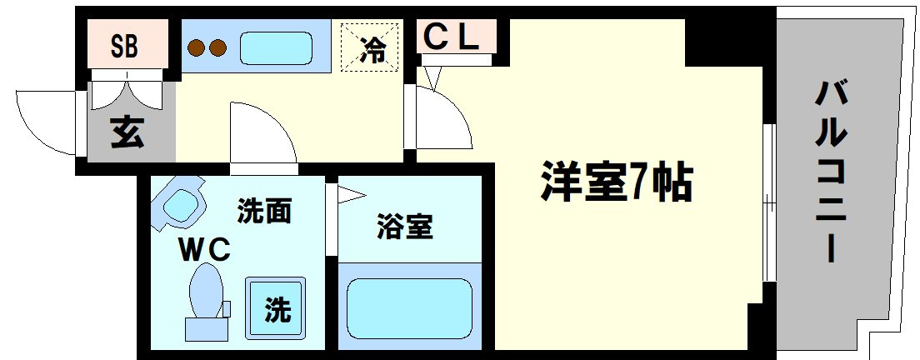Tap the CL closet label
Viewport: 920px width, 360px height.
pyautogui.click(x=453, y=36)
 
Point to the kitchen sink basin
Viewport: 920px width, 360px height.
pyautogui.click(x=275, y=47)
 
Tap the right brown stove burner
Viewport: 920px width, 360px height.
pyautogui.click(x=220, y=47)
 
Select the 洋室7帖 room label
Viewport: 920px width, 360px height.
pyautogui.click(x=616, y=182)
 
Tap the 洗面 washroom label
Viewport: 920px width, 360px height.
pyautogui.click(x=264, y=212)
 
